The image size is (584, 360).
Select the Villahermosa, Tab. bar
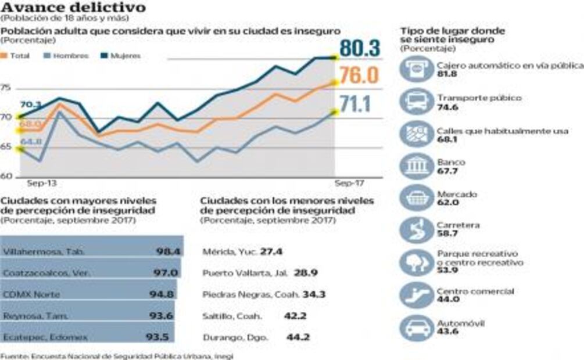click(x=91, y=251)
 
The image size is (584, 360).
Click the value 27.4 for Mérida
click(x=271, y=252)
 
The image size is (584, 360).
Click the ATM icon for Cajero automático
click(x=416, y=70)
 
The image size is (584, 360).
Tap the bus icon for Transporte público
click(x=416, y=102)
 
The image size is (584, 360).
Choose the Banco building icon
click(x=416, y=166)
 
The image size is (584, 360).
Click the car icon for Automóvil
click(x=416, y=327)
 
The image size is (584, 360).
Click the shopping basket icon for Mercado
click(x=416, y=198)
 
